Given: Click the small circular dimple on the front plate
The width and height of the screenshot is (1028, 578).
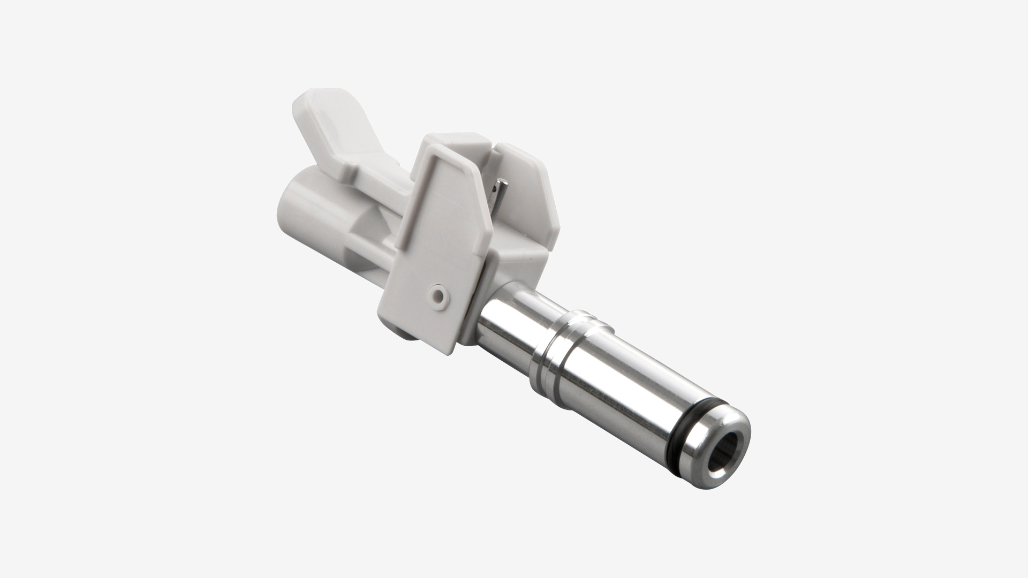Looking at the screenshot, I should [439, 294].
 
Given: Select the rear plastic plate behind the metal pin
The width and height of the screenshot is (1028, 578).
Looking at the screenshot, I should [530, 182].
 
